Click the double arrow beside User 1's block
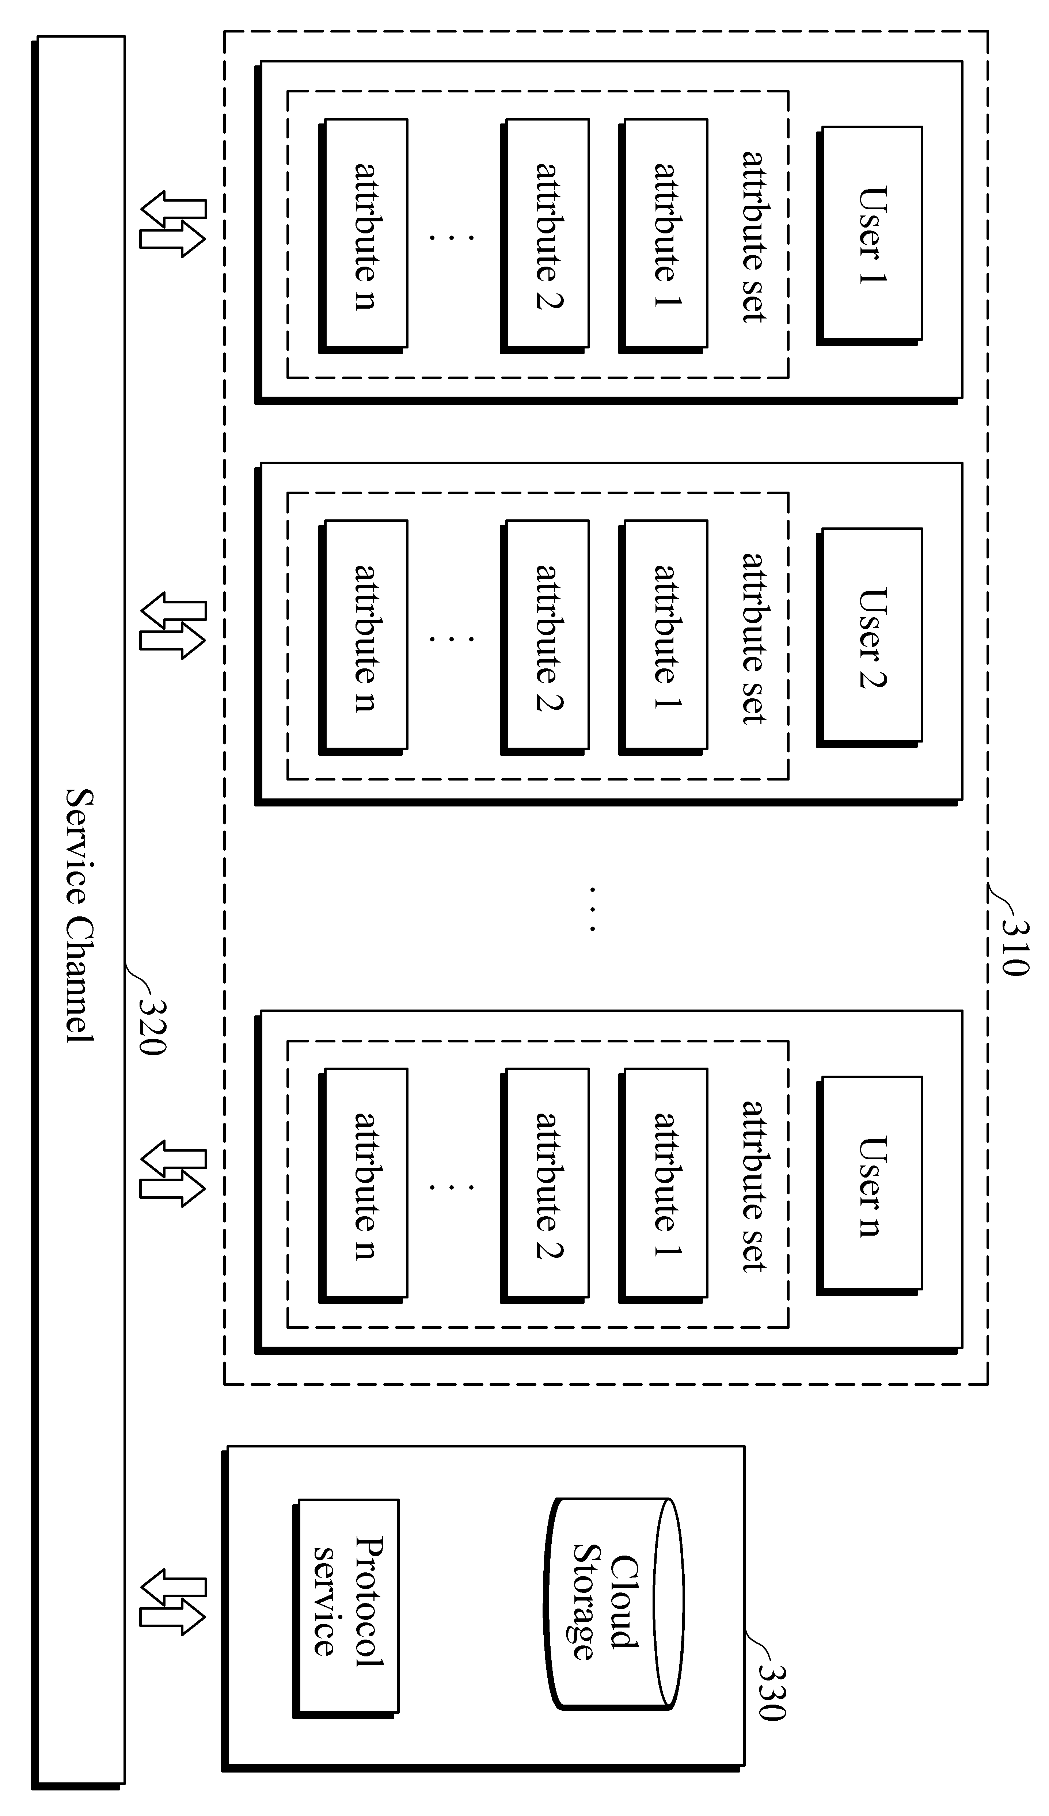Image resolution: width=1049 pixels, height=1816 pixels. (173, 224)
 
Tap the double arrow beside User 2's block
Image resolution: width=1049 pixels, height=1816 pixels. (173, 626)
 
